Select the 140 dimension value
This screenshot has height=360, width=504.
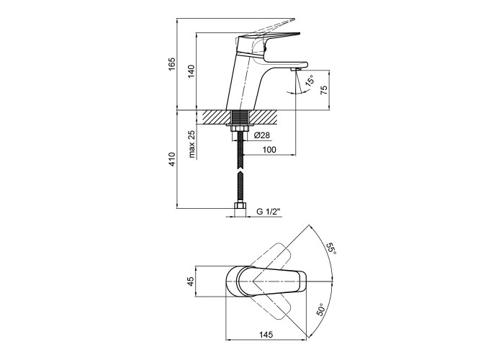coord(192,71)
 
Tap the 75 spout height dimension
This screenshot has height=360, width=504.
coord(324,89)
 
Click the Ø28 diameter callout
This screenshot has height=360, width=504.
coord(261,135)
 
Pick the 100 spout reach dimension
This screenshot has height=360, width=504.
coord(269,150)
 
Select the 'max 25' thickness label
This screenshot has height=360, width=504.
coord(192,144)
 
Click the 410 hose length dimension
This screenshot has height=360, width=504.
coord(172,159)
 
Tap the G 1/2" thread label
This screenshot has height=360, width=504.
coord(269,211)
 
